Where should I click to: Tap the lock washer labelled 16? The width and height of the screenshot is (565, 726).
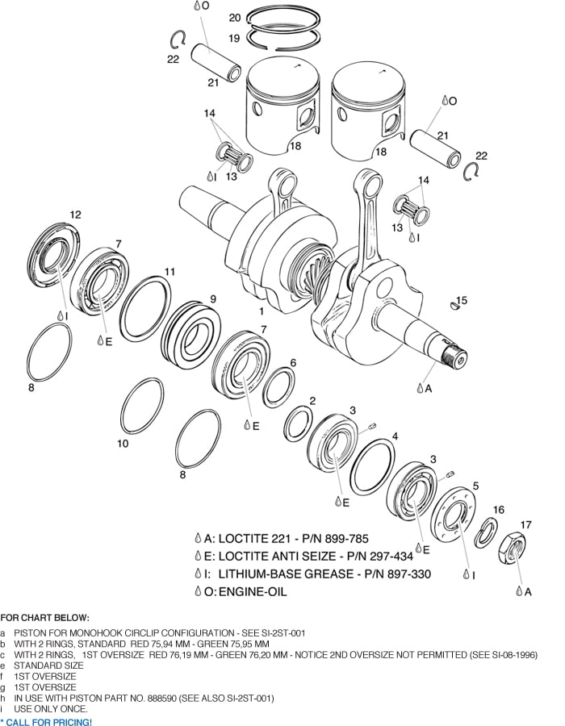(x=486, y=533)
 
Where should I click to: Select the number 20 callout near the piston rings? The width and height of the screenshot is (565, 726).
(x=235, y=17)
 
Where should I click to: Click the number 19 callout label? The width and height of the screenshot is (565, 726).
(x=235, y=38)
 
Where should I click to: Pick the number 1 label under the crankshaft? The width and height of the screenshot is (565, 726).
(x=261, y=310)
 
